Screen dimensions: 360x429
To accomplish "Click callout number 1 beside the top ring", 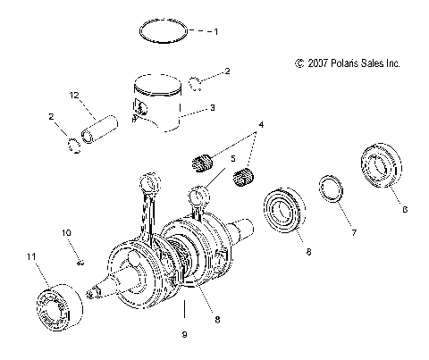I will (214, 31).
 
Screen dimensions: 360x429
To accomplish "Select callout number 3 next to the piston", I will (213, 109).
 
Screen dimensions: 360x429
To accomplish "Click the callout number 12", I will (76, 94).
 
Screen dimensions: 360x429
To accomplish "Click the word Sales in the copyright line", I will (373, 63).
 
